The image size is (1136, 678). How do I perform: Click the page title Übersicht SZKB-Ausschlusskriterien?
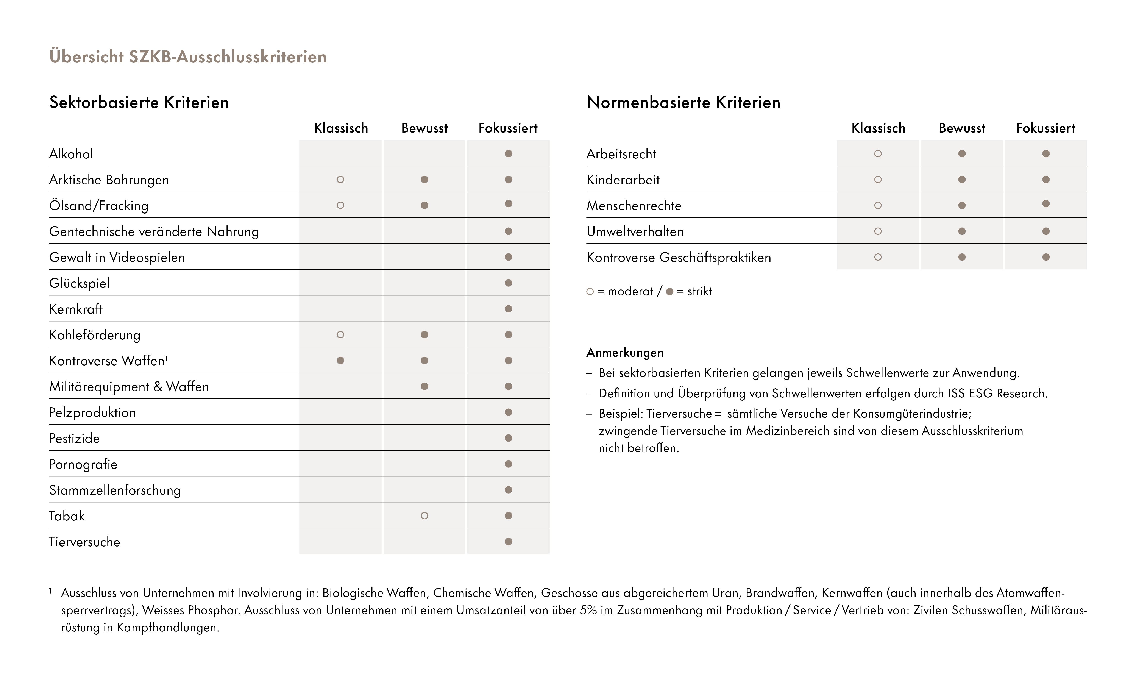(188, 57)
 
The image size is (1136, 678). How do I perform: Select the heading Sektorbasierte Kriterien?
(139, 102)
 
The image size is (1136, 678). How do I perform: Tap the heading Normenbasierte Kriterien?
(683, 102)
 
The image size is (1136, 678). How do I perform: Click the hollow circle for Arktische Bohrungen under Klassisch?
(340, 180)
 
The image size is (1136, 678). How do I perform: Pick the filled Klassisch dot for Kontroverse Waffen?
(340, 361)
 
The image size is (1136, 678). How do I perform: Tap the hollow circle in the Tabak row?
(424, 516)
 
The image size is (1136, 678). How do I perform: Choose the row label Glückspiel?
(80, 283)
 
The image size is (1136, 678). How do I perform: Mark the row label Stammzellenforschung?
(115, 490)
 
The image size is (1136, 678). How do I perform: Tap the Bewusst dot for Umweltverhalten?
(962, 231)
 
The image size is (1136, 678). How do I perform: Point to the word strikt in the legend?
(699, 292)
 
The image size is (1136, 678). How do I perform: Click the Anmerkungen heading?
(625, 353)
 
